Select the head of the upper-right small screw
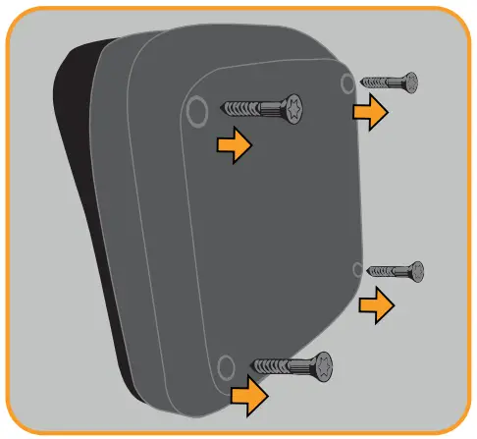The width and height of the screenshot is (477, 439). point(411,82)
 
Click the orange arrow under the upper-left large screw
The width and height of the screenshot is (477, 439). point(234,146)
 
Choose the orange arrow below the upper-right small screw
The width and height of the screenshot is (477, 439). point(371,112)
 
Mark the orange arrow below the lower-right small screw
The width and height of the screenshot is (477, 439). point(376,305)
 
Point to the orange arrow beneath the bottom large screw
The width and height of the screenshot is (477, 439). point(249,396)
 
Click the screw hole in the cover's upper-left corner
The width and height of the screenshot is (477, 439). point(196,106)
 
